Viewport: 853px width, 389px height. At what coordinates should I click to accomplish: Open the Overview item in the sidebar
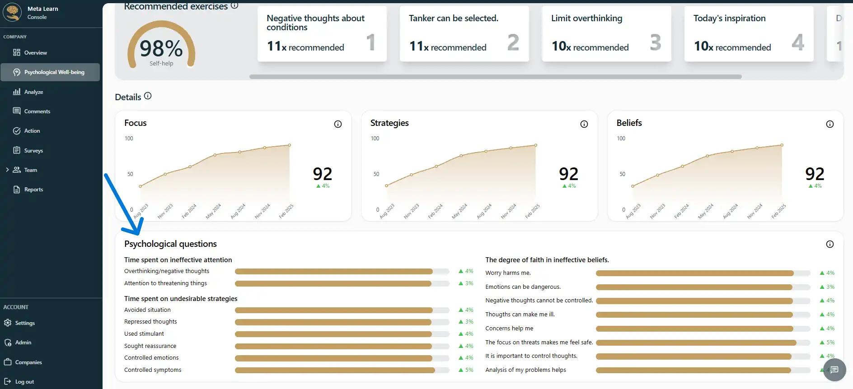click(x=35, y=53)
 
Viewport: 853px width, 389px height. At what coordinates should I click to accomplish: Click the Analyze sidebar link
click(x=33, y=92)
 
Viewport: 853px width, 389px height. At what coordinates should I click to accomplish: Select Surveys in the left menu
click(x=33, y=151)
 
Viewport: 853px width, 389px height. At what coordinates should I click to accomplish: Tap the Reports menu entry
click(x=33, y=190)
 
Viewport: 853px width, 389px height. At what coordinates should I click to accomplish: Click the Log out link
click(x=24, y=382)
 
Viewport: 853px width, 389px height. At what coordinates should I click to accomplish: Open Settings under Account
click(x=25, y=323)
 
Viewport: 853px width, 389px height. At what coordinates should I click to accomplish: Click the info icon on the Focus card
click(x=338, y=124)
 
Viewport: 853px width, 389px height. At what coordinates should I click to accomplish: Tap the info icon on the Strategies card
click(x=584, y=124)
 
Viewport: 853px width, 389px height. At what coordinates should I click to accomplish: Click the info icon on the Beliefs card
click(x=830, y=124)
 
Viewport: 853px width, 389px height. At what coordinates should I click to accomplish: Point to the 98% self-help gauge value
click(x=161, y=49)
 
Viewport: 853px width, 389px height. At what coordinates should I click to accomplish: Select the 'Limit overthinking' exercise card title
click(x=586, y=19)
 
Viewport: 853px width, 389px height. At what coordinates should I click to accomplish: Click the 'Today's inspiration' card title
click(x=729, y=19)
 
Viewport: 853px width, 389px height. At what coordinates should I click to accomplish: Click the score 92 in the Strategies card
click(x=568, y=174)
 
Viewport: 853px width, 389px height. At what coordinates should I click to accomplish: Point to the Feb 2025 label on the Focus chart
click(x=286, y=211)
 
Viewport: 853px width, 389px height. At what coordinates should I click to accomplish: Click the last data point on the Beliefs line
click(x=782, y=145)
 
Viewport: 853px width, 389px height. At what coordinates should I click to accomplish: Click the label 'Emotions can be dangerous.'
click(x=523, y=287)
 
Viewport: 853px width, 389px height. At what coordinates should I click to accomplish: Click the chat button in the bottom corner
click(x=834, y=370)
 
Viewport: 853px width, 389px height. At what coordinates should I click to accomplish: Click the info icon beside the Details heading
click(x=148, y=96)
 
